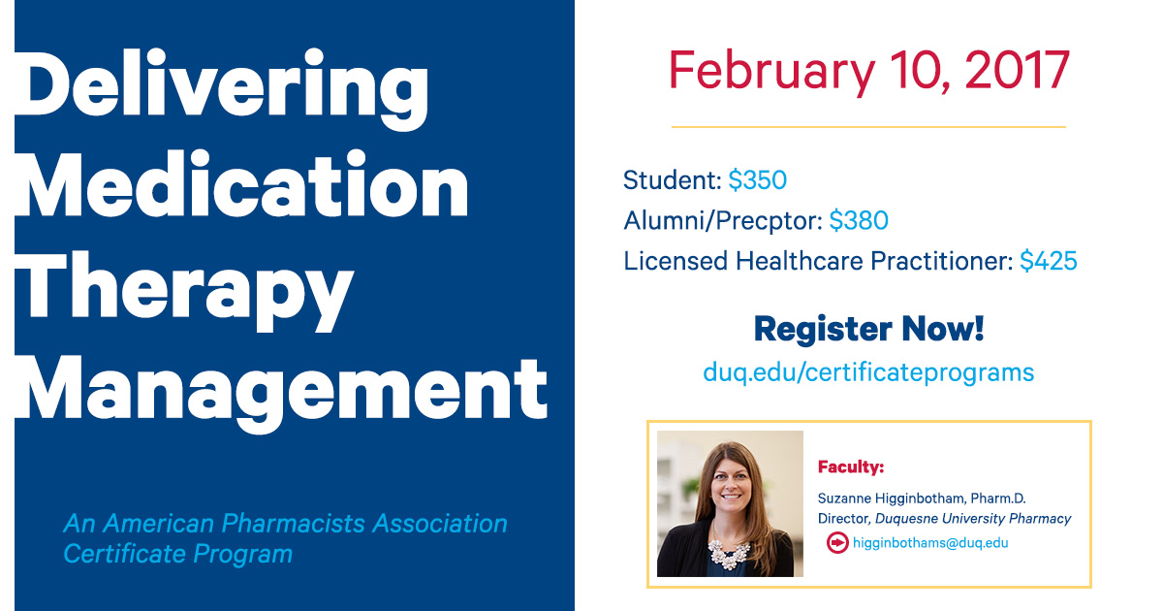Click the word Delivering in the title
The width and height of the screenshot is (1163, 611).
[x=221, y=89]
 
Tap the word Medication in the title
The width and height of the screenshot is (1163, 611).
[x=242, y=183]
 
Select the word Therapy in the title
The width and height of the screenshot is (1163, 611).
[x=184, y=291]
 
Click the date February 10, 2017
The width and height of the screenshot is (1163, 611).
[x=869, y=71]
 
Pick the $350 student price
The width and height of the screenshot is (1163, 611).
[x=758, y=180]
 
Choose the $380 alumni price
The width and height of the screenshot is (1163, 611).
[x=859, y=220]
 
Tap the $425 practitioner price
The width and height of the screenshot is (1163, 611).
[x=1049, y=261]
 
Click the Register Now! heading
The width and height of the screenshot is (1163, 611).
[x=868, y=330]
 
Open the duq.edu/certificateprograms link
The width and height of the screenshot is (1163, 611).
[x=868, y=372]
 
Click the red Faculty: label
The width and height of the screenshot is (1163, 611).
[x=851, y=466]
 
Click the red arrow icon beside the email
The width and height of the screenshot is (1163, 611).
[x=837, y=543]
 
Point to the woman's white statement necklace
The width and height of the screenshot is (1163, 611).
[x=730, y=554]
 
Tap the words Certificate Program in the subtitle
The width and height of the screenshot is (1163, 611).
[x=177, y=554]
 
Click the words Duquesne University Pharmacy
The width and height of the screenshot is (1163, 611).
[x=973, y=519]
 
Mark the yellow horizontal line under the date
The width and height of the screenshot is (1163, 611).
[x=868, y=127]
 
